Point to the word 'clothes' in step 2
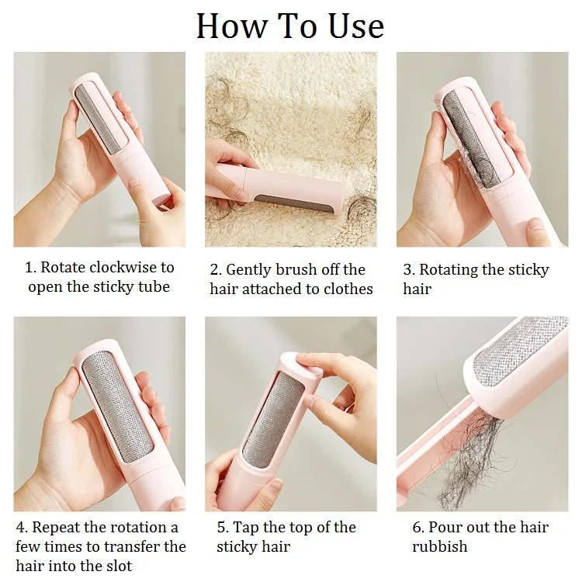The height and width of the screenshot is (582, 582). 346,289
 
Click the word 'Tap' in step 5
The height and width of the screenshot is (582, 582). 247,527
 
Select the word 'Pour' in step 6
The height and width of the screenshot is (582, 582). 446,527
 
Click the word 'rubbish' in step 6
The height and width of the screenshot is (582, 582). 440,546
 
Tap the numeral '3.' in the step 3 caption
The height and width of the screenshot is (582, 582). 409,269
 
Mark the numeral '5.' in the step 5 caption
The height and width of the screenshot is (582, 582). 223,527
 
